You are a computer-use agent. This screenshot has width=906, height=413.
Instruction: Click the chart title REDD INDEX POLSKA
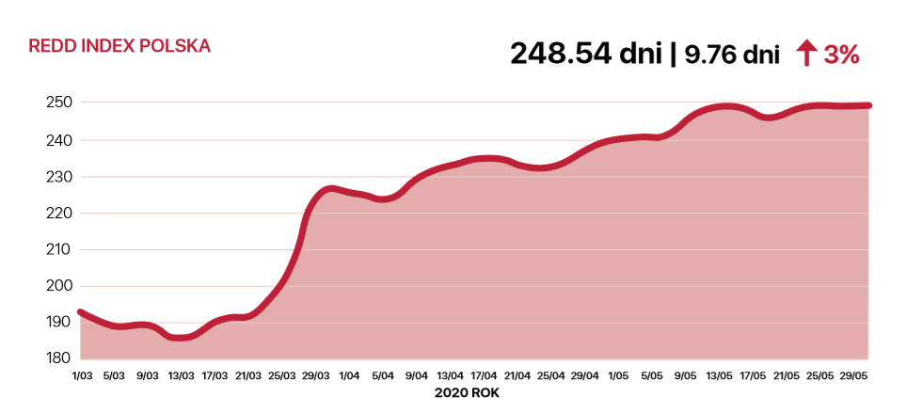click(119, 46)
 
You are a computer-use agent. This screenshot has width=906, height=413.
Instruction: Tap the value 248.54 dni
click(585, 55)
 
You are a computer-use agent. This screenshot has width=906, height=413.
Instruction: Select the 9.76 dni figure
click(731, 56)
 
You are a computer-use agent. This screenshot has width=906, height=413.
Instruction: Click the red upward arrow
click(806, 55)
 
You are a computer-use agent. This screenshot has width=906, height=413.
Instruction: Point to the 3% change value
click(841, 56)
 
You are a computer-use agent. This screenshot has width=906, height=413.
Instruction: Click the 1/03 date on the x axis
click(82, 375)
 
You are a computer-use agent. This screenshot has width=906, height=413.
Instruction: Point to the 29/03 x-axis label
click(315, 375)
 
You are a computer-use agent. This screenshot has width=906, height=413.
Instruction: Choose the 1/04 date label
click(349, 375)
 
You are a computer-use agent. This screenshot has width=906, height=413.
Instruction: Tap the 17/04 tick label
click(484, 375)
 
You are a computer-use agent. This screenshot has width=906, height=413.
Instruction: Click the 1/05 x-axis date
click(618, 375)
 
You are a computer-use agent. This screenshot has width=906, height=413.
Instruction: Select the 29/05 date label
click(852, 375)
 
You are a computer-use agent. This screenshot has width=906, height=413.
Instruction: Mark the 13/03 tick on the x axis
click(181, 375)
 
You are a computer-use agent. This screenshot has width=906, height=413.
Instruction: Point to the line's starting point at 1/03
click(81, 312)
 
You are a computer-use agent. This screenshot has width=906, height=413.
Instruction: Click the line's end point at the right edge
click(867, 105)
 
